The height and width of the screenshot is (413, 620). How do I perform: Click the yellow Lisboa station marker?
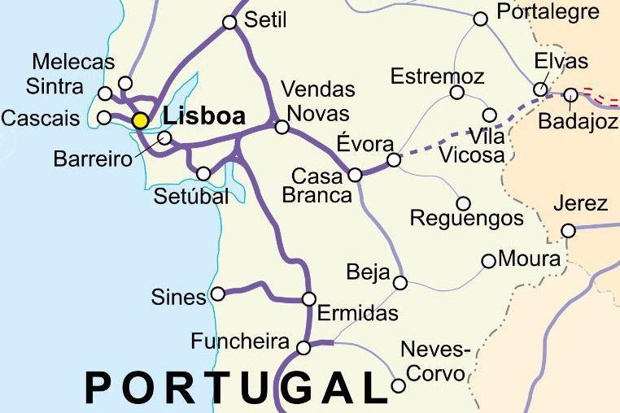(x=141, y=120)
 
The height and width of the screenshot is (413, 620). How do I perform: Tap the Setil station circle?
(x=229, y=22)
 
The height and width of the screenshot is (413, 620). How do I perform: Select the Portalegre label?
(x=548, y=11)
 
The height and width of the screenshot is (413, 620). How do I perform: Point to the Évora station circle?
(x=394, y=160)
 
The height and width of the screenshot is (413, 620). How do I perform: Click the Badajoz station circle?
(x=570, y=95)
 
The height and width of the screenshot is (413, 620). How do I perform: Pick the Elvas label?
(x=561, y=62)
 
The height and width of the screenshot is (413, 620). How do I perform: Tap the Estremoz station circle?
(x=457, y=93)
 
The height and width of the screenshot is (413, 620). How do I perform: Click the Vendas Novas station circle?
(x=282, y=127)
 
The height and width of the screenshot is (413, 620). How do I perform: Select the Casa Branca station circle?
(x=355, y=175)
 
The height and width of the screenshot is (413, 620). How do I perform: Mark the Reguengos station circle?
(x=463, y=203)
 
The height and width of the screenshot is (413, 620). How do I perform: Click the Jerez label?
(x=580, y=203)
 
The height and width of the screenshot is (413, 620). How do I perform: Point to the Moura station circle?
(x=488, y=261)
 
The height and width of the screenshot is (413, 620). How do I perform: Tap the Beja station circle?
(x=400, y=283)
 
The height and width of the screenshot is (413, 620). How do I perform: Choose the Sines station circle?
(x=218, y=293)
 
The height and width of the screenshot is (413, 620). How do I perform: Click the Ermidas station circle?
(x=308, y=299)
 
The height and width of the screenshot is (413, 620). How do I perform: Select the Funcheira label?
(x=240, y=341)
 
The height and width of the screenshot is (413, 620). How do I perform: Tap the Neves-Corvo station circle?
(x=398, y=386)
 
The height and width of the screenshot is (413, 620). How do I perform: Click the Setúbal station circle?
(x=203, y=173)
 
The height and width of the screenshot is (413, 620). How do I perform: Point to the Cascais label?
(x=41, y=119)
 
